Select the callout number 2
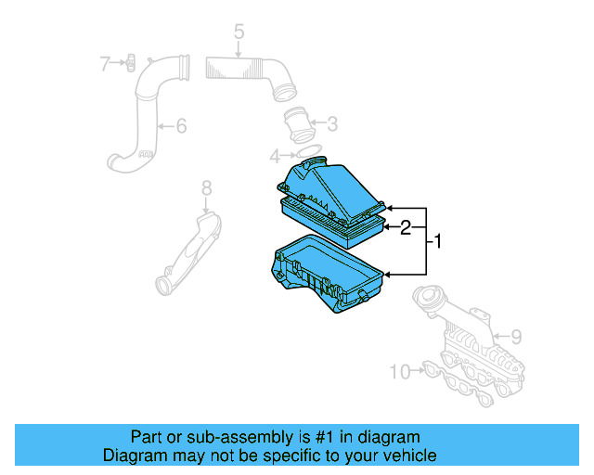(406, 227)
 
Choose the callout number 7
(106, 63)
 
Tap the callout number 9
(516, 335)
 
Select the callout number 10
(399, 372)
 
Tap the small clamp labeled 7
(131, 62)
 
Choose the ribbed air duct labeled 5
(246, 71)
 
